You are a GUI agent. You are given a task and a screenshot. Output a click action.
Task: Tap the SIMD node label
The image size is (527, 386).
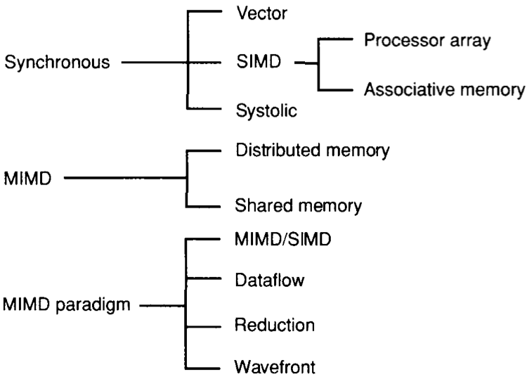[254, 63]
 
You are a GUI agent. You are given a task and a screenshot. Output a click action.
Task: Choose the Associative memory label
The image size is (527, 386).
[444, 89]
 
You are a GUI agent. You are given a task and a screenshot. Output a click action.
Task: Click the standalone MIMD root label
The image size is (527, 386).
[27, 177]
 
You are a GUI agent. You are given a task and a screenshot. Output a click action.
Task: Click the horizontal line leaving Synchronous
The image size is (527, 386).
[153, 63]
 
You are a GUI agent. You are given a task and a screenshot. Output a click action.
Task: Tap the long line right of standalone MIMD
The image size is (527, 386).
[123, 178]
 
